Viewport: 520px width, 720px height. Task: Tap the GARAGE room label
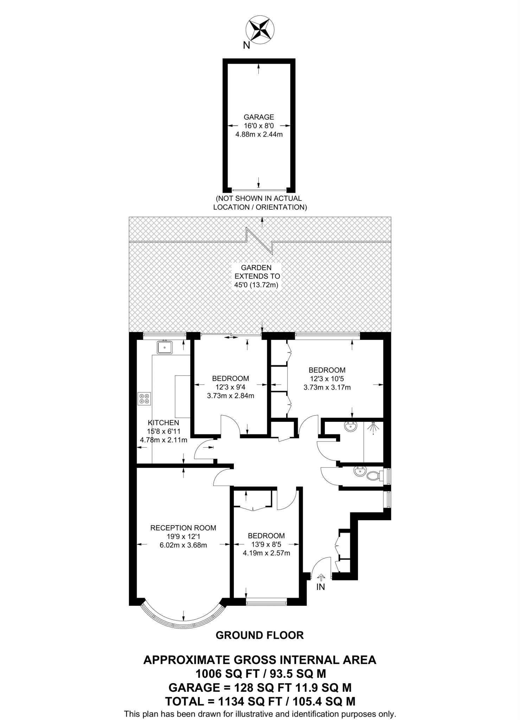(x=259, y=117)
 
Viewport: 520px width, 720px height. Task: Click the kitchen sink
(x=165, y=347)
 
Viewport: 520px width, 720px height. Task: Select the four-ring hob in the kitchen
(x=145, y=399)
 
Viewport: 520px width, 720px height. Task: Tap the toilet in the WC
(x=373, y=477)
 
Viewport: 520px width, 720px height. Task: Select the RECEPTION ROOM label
(x=183, y=528)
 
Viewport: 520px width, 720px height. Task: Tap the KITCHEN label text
(x=163, y=423)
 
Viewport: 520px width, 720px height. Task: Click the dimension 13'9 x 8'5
(x=266, y=544)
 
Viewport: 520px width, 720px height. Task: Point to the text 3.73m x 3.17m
(x=327, y=387)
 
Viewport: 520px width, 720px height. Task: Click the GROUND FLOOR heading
(x=259, y=635)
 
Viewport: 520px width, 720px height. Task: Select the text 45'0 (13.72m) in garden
(x=256, y=285)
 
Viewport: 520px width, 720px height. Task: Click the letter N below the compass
(x=246, y=45)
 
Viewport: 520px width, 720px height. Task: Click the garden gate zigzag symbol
(x=259, y=240)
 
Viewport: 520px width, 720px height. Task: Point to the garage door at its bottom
(x=259, y=190)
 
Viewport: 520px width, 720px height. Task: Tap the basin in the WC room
(x=359, y=472)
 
